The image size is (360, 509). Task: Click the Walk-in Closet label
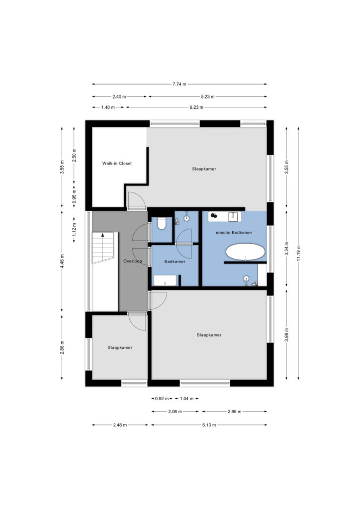click(x=117, y=163)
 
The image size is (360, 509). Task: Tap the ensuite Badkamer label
click(x=234, y=233)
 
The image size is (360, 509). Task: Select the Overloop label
click(x=132, y=261)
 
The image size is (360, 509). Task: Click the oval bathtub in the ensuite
click(x=245, y=252)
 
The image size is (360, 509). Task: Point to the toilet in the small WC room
click(x=161, y=223)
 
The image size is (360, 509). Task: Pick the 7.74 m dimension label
click(x=179, y=84)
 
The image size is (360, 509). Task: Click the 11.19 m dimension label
click(x=298, y=253)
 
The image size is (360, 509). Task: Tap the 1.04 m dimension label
click(x=186, y=398)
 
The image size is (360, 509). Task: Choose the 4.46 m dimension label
click(x=62, y=261)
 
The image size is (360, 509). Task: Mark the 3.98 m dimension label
click(x=286, y=335)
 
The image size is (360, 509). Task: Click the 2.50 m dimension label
click(x=74, y=155)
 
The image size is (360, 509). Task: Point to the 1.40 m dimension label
click(x=108, y=107)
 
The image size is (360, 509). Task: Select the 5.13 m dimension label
click(x=209, y=424)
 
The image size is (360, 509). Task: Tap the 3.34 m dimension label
click(x=286, y=249)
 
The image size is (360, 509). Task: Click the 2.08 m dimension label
click(x=175, y=411)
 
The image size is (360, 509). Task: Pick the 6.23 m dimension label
click(x=196, y=107)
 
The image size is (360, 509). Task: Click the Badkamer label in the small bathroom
click(x=175, y=261)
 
